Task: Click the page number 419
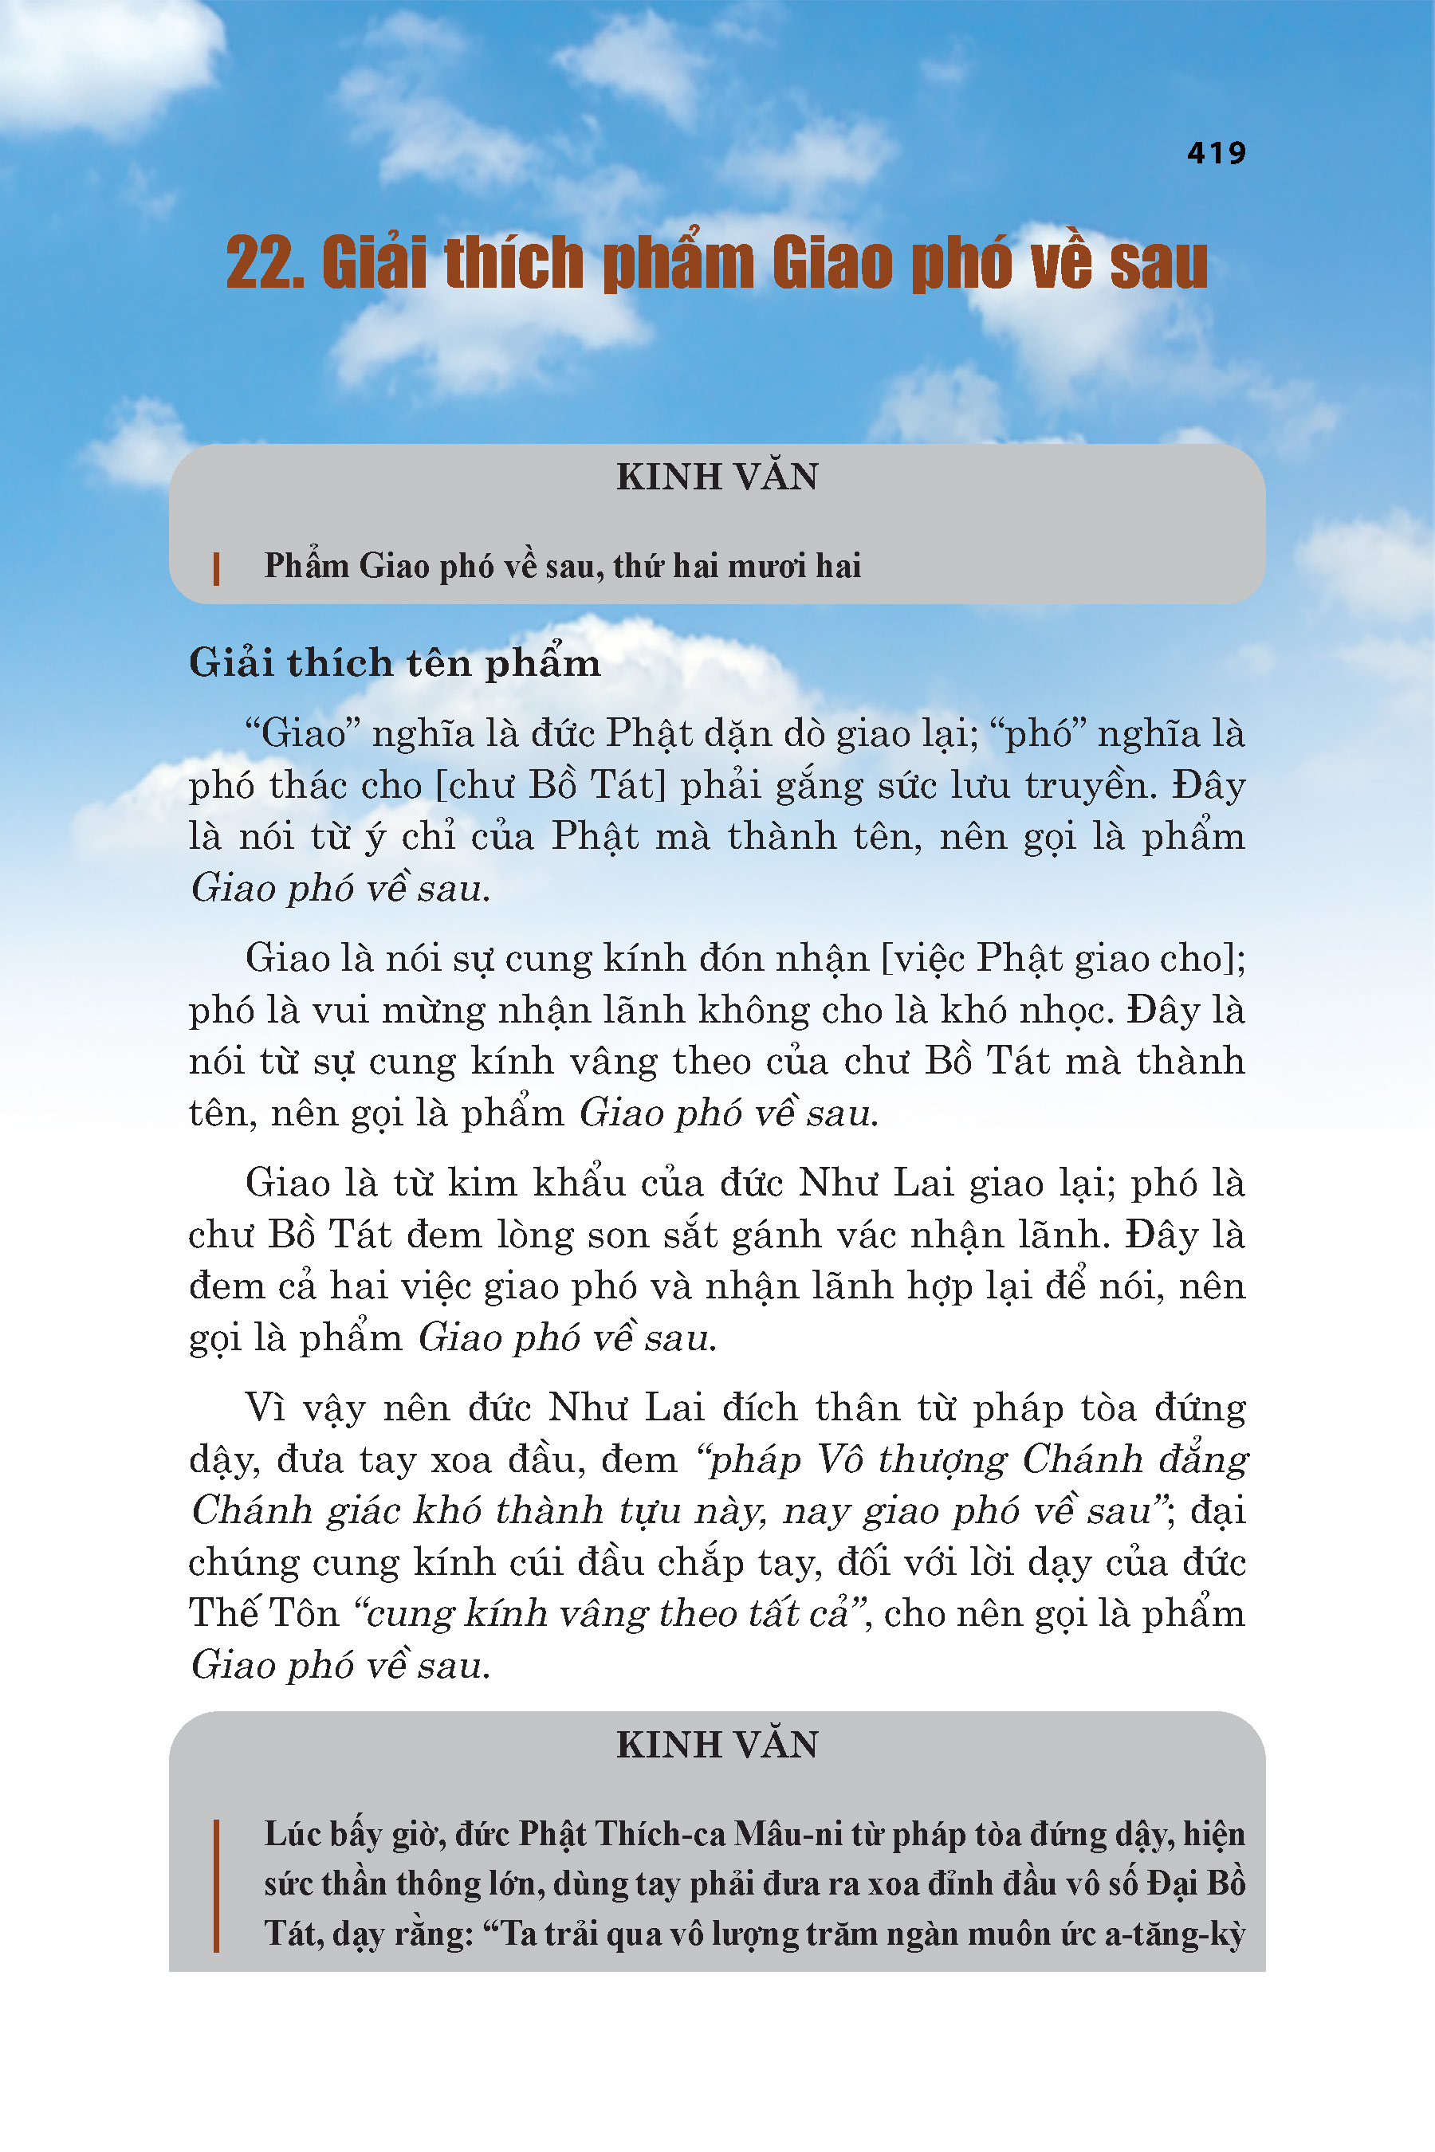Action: click(1217, 152)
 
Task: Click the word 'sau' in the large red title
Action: click(1158, 265)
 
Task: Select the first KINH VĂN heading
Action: click(717, 477)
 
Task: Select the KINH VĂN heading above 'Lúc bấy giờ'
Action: click(717, 1744)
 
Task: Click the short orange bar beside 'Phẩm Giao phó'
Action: click(216, 568)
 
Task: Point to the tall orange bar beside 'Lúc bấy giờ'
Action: click(216, 1885)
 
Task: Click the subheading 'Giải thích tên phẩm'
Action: click(395, 662)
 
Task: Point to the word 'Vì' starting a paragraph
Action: click(266, 1408)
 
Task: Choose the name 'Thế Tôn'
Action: click(265, 1613)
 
